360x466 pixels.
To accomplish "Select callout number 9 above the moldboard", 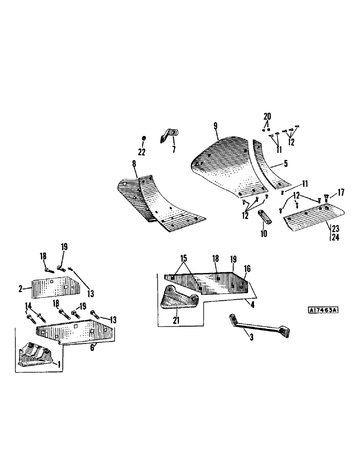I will (x=215, y=125).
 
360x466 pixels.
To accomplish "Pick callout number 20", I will (x=267, y=116).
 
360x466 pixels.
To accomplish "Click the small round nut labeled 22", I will (x=144, y=139).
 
